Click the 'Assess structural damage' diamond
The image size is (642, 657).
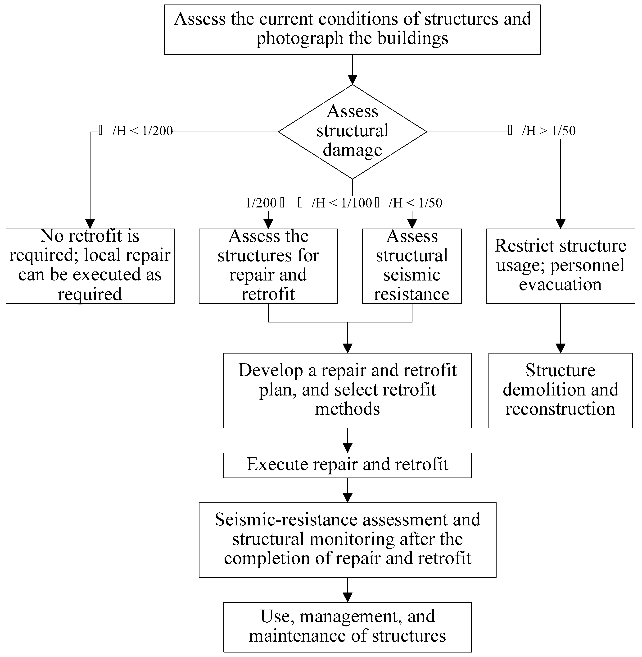[352, 131]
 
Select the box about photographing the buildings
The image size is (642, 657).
[352, 30]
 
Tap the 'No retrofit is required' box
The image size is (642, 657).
[90, 266]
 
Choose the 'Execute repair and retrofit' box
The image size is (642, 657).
[347, 465]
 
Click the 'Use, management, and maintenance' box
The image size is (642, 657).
[347, 627]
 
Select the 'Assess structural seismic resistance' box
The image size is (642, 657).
[412, 266]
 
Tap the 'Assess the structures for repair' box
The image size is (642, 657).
[268, 266]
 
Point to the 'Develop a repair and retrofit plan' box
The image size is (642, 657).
[347, 391]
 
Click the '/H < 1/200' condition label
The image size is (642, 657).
[142, 131]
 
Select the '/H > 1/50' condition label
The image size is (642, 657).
[548, 131]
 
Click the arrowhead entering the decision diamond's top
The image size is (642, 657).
[352, 80]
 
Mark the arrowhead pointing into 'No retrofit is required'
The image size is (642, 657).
[90, 224]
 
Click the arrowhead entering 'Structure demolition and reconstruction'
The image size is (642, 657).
[561, 348]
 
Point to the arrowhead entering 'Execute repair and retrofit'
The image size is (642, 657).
[347, 448]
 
